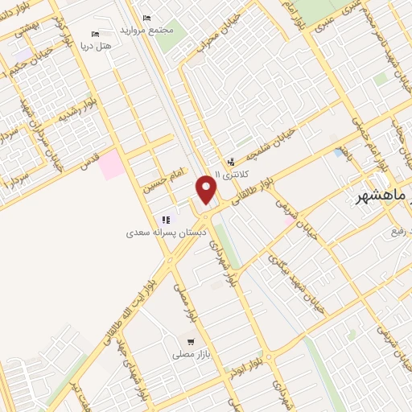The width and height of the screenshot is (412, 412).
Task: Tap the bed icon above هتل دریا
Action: [x=96, y=35]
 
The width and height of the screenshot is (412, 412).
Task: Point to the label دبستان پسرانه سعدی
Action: [x=167, y=232]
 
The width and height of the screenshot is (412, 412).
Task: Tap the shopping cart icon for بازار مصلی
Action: [x=191, y=342]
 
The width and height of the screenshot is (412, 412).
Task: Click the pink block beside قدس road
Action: [x=113, y=164]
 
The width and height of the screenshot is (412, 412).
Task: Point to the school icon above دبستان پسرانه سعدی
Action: [x=166, y=220]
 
